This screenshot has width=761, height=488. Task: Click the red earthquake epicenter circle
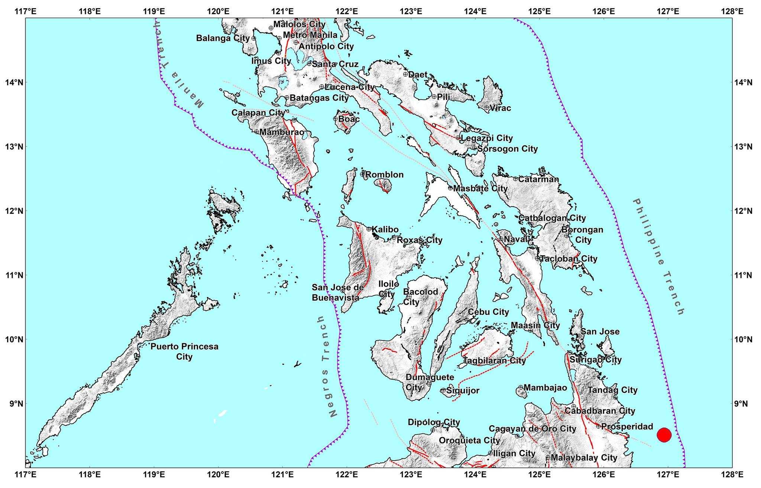pos(664,435)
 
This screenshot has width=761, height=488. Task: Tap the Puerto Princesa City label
pos(184,351)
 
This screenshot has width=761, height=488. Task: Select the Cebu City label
pos(488,312)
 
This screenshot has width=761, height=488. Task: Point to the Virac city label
pos(500,108)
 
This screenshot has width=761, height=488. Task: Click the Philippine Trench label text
pos(658,257)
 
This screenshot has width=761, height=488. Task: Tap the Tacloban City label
pos(569,258)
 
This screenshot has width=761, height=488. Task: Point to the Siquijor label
pos(463,390)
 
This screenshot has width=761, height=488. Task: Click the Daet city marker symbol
pos(406,74)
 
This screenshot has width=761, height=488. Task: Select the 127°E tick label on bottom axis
pos(668,475)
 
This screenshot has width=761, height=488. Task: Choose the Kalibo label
pos(385,230)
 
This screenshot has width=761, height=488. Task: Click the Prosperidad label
pos(627,426)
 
